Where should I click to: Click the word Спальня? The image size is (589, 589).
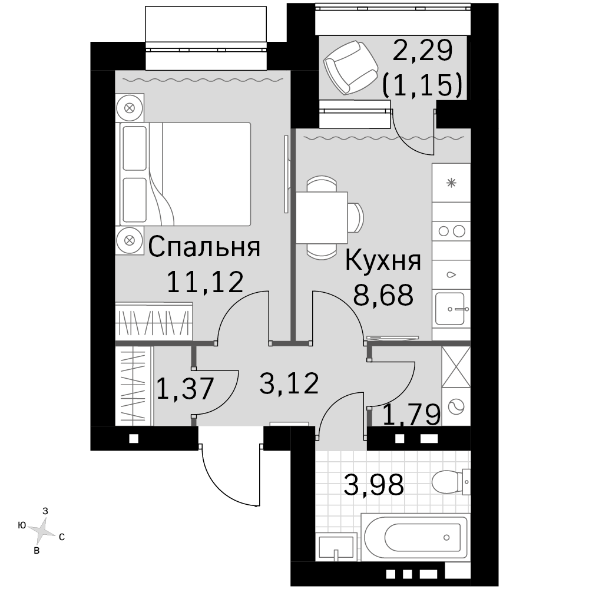pyautogui.click(x=204, y=247)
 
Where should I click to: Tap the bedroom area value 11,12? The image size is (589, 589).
pyautogui.click(x=205, y=282)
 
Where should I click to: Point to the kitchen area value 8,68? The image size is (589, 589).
pyautogui.click(x=383, y=295)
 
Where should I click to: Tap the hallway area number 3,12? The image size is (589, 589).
pyautogui.click(x=289, y=383)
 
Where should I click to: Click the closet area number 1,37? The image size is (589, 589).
pyautogui.click(x=185, y=388)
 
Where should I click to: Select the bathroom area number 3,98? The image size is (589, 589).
pyautogui.click(x=374, y=485)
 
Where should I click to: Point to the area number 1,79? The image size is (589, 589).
pyautogui.click(x=411, y=415)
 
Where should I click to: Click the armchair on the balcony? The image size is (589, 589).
pyautogui.click(x=351, y=68)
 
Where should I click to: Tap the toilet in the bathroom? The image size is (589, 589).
pyautogui.click(x=451, y=482)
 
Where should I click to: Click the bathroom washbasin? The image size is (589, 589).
pyautogui.click(x=336, y=547)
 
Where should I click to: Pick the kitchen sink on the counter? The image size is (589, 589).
pyautogui.click(x=451, y=309)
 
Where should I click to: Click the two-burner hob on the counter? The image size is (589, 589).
pyautogui.click(x=451, y=231)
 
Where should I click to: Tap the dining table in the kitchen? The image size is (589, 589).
pyautogui.click(x=322, y=218)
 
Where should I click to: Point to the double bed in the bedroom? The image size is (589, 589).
pyautogui.click(x=185, y=174)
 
